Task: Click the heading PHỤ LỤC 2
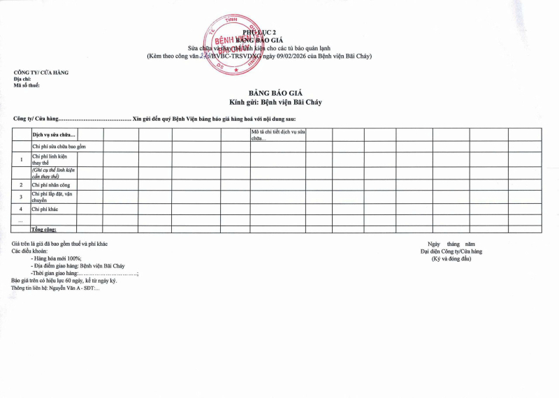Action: point(254,33)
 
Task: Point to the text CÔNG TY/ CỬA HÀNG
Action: point(41,73)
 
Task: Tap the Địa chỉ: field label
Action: point(22,79)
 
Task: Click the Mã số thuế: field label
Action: point(27,85)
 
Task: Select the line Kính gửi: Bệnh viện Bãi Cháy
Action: point(279,102)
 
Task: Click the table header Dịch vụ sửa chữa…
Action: point(54,134)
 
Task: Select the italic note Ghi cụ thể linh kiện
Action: point(53,173)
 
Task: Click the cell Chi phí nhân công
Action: point(50,185)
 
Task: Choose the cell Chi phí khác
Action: point(45,209)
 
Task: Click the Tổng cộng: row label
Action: point(44,229)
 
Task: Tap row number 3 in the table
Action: point(20,197)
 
